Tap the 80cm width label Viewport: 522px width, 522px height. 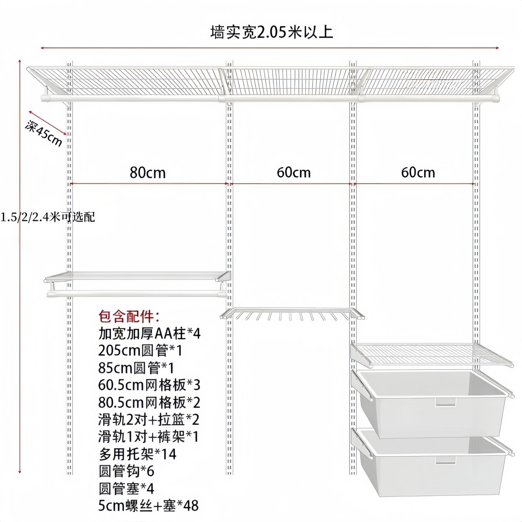(x=148, y=173)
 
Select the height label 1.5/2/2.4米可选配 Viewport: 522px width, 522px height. (x=48, y=217)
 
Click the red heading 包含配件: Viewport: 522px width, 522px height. (x=129, y=316)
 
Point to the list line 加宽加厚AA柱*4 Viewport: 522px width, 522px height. (x=149, y=334)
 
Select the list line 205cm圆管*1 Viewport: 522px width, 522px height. (x=140, y=351)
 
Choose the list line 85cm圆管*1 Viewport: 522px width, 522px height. (x=136, y=368)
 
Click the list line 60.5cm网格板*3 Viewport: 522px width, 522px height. (x=149, y=385)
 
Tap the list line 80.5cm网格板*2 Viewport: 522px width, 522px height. (x=149, y=403)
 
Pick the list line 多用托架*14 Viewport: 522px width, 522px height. (x=138, y=454)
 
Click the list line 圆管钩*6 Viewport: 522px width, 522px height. (x=126, y=471)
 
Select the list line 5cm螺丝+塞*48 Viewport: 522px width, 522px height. (x=148, y=506)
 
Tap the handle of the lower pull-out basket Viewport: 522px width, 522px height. (x=445, y=460)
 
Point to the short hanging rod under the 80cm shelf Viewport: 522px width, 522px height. (x=136, y=294)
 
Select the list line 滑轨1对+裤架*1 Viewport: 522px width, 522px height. (x=148, y=437)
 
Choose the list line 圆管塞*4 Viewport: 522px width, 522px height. (x=126, y=489)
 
